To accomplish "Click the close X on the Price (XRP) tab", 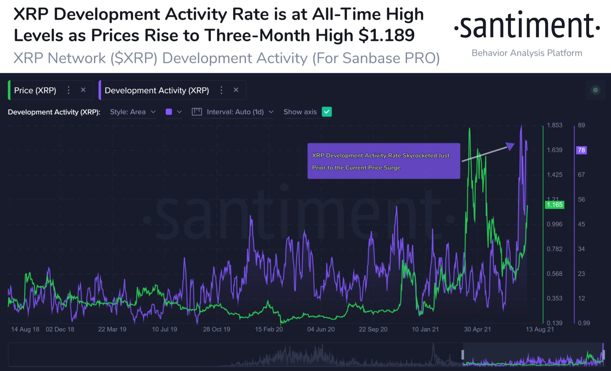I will coord(83,90).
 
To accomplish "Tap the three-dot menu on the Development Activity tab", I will coord(221,90).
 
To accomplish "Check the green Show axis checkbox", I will coord(327,112).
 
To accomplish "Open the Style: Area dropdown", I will coord(133,112).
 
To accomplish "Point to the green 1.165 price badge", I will coord(554,205).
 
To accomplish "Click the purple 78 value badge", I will coord(581,150).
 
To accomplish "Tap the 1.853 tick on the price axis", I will coord(554,125).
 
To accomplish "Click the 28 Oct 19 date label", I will coord(217,329).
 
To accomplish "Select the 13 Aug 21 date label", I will coord(539,329).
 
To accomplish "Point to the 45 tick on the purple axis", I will coord(581,224).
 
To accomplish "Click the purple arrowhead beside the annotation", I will coord(510,146).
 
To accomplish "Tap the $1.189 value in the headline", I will coord(386,35).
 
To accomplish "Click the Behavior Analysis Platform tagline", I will coord(527,53).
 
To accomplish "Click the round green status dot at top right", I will coord(595,90).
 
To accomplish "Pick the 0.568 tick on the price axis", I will coord(554,274).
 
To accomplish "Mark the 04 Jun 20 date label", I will coord(321,329).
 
